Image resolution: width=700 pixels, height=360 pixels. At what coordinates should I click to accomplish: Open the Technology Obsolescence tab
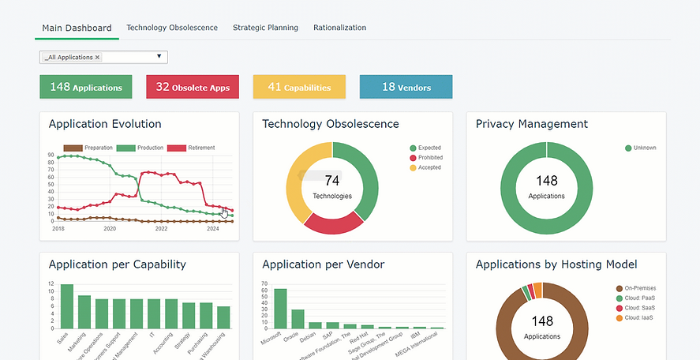(x=172, y=28)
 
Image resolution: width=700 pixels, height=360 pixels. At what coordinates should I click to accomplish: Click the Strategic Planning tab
(x=265, y=28)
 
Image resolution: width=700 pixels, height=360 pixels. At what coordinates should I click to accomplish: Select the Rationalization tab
(x=339, y=28)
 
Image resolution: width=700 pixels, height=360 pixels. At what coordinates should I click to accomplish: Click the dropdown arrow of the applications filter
(x=159, y=57)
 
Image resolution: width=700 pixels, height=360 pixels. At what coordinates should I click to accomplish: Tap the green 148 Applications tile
(x=85, y=87)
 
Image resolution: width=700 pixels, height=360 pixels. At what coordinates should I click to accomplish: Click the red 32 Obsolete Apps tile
(x=193, y=87)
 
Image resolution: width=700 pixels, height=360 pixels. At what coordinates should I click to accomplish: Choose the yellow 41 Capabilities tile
(x=299, y=87)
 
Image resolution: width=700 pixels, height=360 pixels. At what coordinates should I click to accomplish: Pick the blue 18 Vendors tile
(x=406, y=87)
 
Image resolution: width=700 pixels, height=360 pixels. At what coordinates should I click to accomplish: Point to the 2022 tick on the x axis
(x=161, y=229)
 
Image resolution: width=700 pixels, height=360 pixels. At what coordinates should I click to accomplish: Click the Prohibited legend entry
(x=429, y=158)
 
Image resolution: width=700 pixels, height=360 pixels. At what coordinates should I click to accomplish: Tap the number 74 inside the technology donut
(x=331, y=182)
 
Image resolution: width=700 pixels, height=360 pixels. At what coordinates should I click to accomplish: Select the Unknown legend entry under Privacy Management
(x=643, y=148)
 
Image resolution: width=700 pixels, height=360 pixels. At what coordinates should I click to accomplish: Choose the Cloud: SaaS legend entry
(x=637, y=308)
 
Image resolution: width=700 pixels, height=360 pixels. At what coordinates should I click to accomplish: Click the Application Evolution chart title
(x=105, y=124)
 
